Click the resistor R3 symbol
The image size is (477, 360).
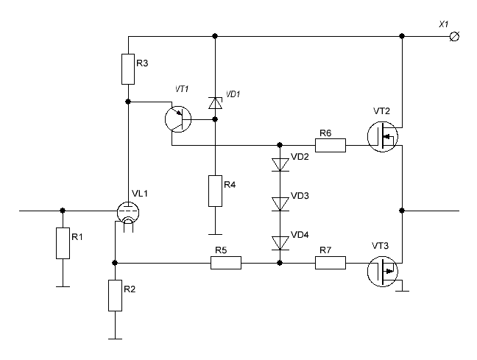(128, 68)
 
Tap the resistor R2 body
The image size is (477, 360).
(115, 296)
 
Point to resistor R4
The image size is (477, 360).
(214, 191)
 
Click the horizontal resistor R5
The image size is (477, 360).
(226, 262)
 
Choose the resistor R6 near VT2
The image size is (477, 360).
(331, 145)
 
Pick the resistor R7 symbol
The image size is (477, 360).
(331, 262)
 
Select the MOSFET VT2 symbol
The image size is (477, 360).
(384, 136)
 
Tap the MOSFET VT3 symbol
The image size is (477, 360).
(384, 271)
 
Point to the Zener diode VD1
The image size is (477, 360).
(214, 103)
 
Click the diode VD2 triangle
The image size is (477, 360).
(280, 164)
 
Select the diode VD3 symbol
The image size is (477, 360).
(280, 203)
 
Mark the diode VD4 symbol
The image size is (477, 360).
(280, 242)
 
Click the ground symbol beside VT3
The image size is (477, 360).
(402, 290)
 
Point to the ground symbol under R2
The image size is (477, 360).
(115, 338)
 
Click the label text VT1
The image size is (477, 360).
(182, 89)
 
